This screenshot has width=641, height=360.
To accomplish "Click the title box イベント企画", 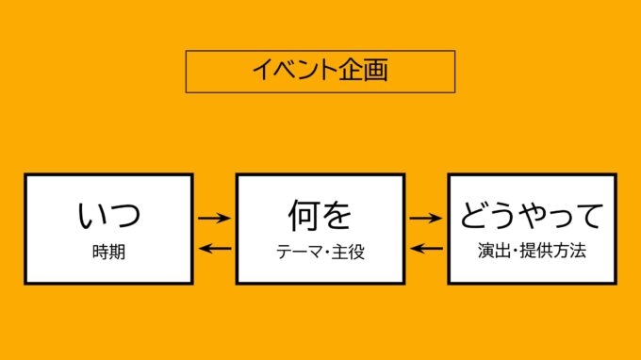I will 320,71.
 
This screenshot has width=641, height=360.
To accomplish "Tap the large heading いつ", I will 108,216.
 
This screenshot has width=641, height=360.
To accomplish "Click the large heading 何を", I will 320,216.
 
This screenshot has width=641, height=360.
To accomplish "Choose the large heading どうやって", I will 531,216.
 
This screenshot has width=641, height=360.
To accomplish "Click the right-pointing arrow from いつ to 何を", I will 215,218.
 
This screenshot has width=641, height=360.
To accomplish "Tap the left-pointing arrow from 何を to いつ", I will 215,249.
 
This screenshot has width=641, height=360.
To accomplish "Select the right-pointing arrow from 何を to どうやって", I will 426,218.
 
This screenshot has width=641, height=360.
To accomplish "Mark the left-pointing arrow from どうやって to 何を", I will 426,249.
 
